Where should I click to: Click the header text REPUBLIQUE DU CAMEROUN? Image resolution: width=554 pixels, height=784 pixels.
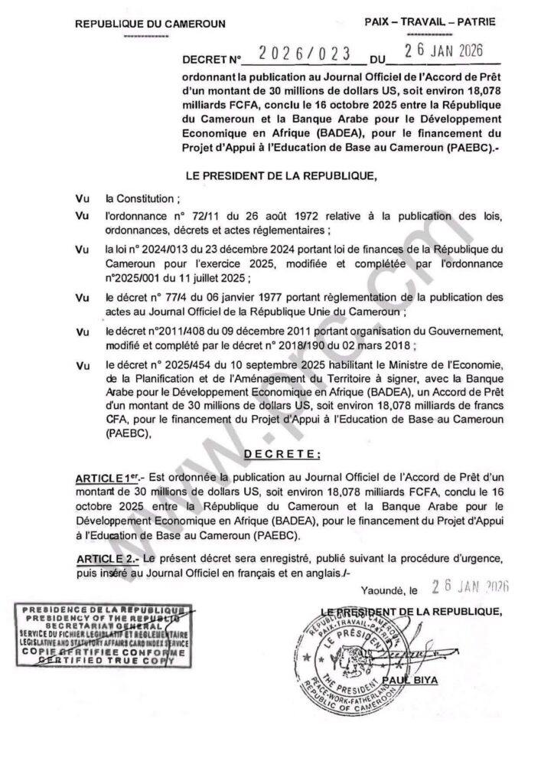click(149, 24)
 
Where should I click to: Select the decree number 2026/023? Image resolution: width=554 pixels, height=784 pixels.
click(304, 55)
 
